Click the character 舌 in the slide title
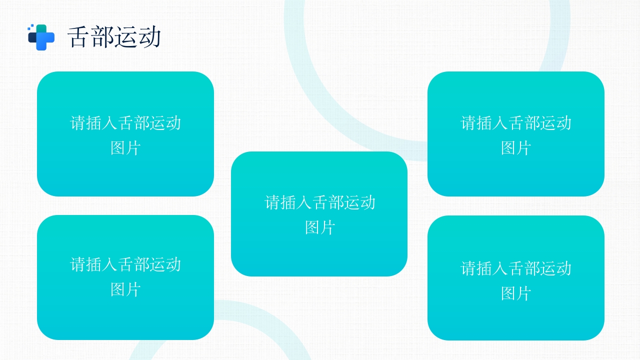[x=79, y=37]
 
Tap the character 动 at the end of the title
[x=149, y=37]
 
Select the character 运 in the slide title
[x=126, y=37]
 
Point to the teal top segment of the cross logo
[x=42, y=28]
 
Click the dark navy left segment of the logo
[x=32, y=37]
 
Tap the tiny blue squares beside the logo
[x=30, y=26]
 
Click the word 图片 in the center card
[x=319, y=227]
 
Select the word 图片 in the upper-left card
[x=125, y=148]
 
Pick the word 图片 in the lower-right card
[x=515, y=293]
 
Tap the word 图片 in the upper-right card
[x=515, y=148]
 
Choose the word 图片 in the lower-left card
[x=125, y=289]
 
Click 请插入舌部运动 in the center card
[x=319, y=202]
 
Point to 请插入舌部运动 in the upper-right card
[x=515, y=123]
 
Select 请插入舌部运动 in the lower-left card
[x=125, y=264]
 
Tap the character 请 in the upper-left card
[x=78, y=123]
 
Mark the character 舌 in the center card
[x=320, y=202]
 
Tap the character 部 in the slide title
[x=102, y=37]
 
